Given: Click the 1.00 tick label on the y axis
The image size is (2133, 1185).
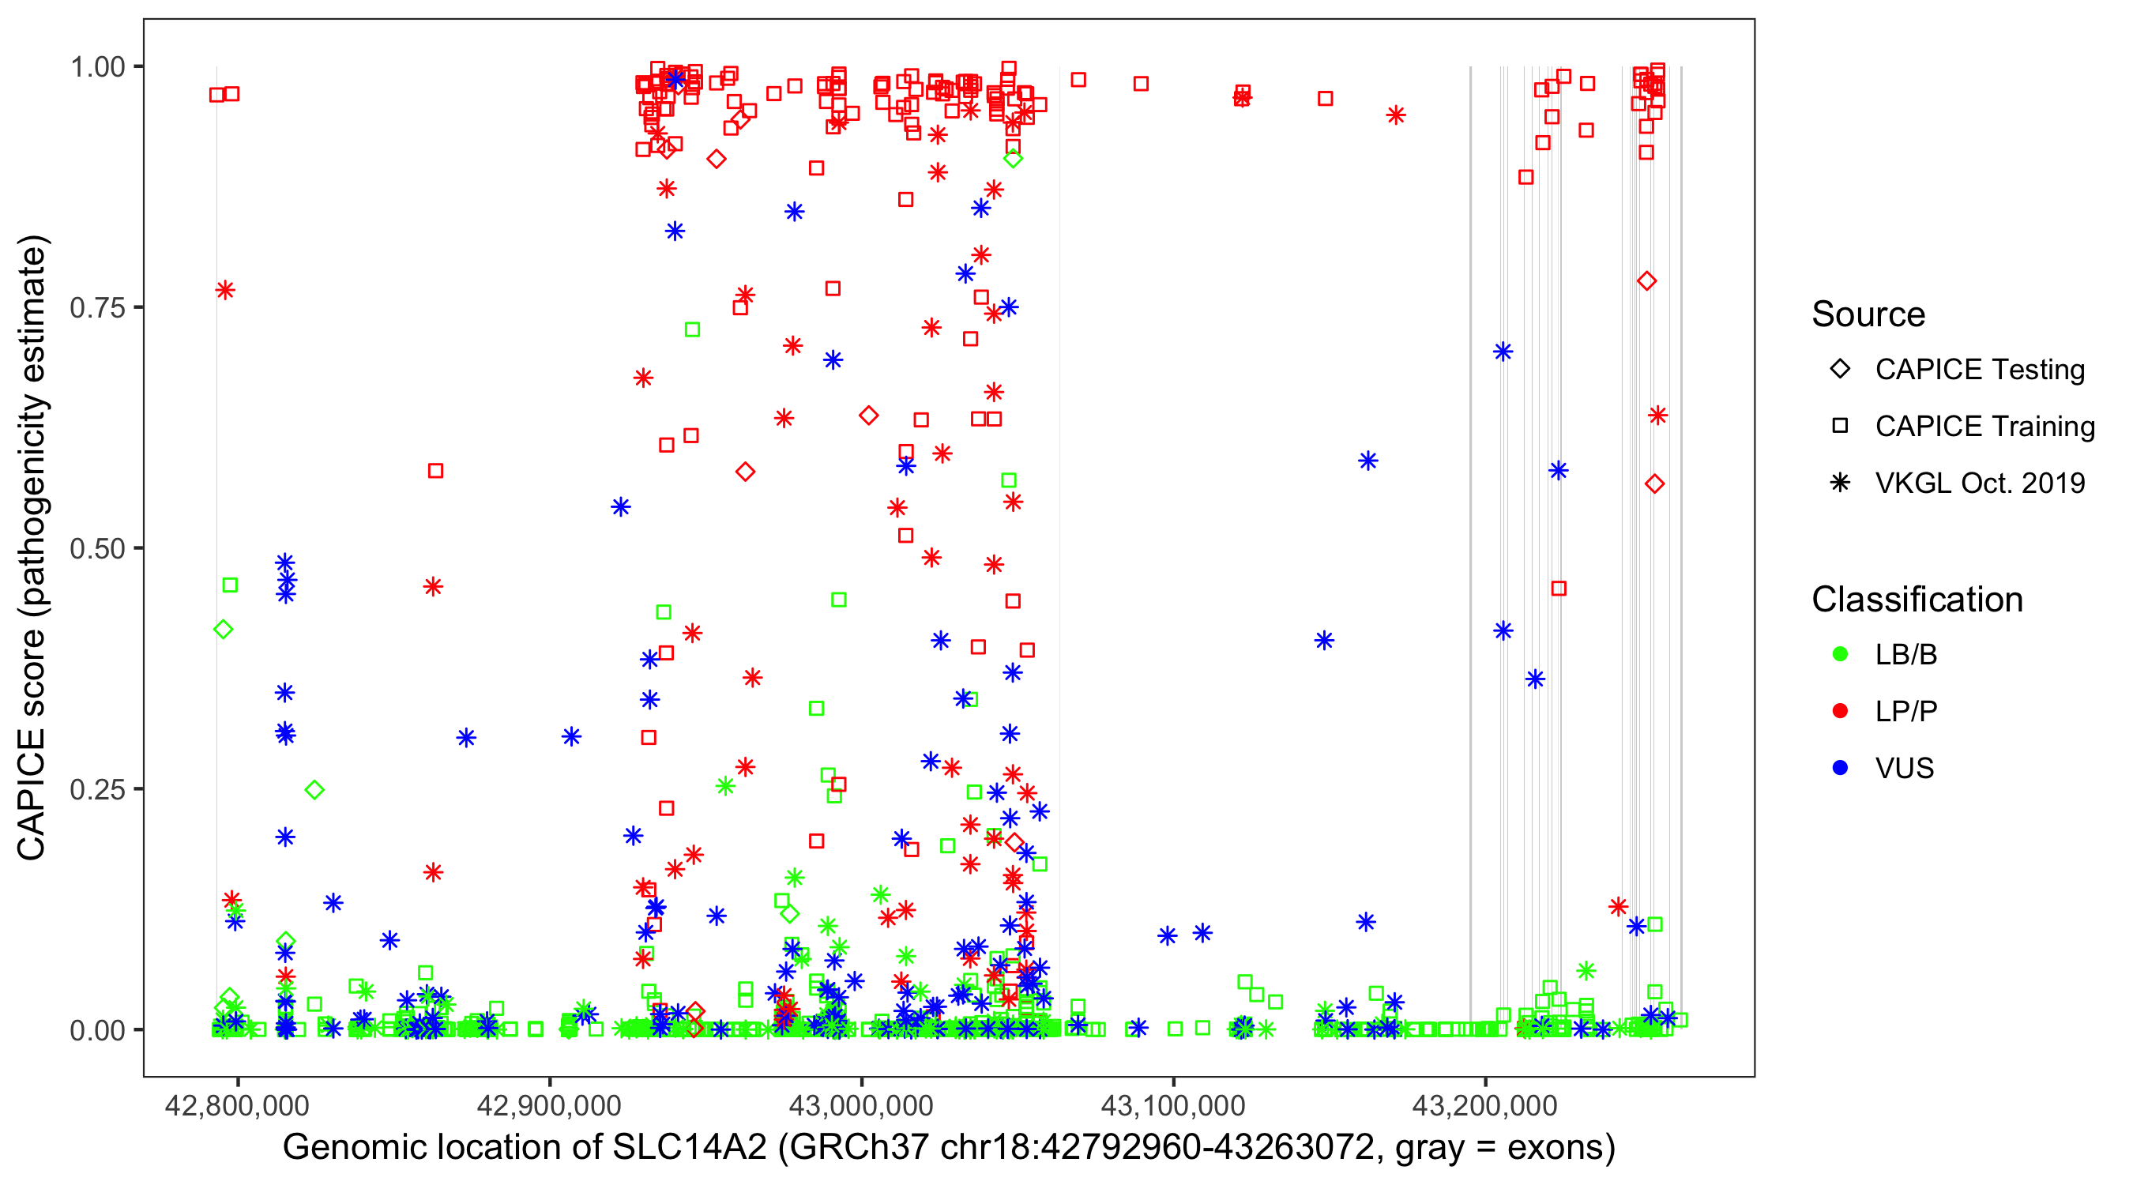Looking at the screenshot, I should pos(97,66).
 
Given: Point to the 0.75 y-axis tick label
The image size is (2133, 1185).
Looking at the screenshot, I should pos(97,307).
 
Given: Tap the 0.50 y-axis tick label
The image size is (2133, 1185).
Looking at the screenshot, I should pos(97,548).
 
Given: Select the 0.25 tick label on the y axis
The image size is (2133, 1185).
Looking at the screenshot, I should pos(97,788).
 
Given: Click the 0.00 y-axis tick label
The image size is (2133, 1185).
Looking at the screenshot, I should pos(97,1029).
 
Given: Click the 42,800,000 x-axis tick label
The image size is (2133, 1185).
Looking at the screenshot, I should pos(237,1104).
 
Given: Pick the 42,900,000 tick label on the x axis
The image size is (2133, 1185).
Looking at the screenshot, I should pos(549,1104).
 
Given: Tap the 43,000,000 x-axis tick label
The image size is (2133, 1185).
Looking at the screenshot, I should pos(861,1104).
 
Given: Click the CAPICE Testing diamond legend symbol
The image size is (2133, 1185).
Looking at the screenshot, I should pos(1840,368).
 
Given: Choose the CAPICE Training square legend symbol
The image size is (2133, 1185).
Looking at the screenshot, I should pos(1840,426).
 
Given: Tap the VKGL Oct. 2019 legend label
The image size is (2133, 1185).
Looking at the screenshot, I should pos(1980,483).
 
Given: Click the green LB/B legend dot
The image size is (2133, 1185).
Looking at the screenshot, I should pos(1840,654).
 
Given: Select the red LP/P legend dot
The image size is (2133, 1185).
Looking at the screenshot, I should pos(1840,711).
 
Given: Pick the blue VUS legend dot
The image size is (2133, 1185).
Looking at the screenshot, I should pos(1840,768).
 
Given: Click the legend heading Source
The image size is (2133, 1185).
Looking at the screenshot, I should pos(1868,314).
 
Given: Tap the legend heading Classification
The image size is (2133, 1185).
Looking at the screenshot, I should pos(1917,600).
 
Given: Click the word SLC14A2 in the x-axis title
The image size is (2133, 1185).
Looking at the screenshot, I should pos(690,1148).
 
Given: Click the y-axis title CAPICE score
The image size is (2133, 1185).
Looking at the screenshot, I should pos(32,745).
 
